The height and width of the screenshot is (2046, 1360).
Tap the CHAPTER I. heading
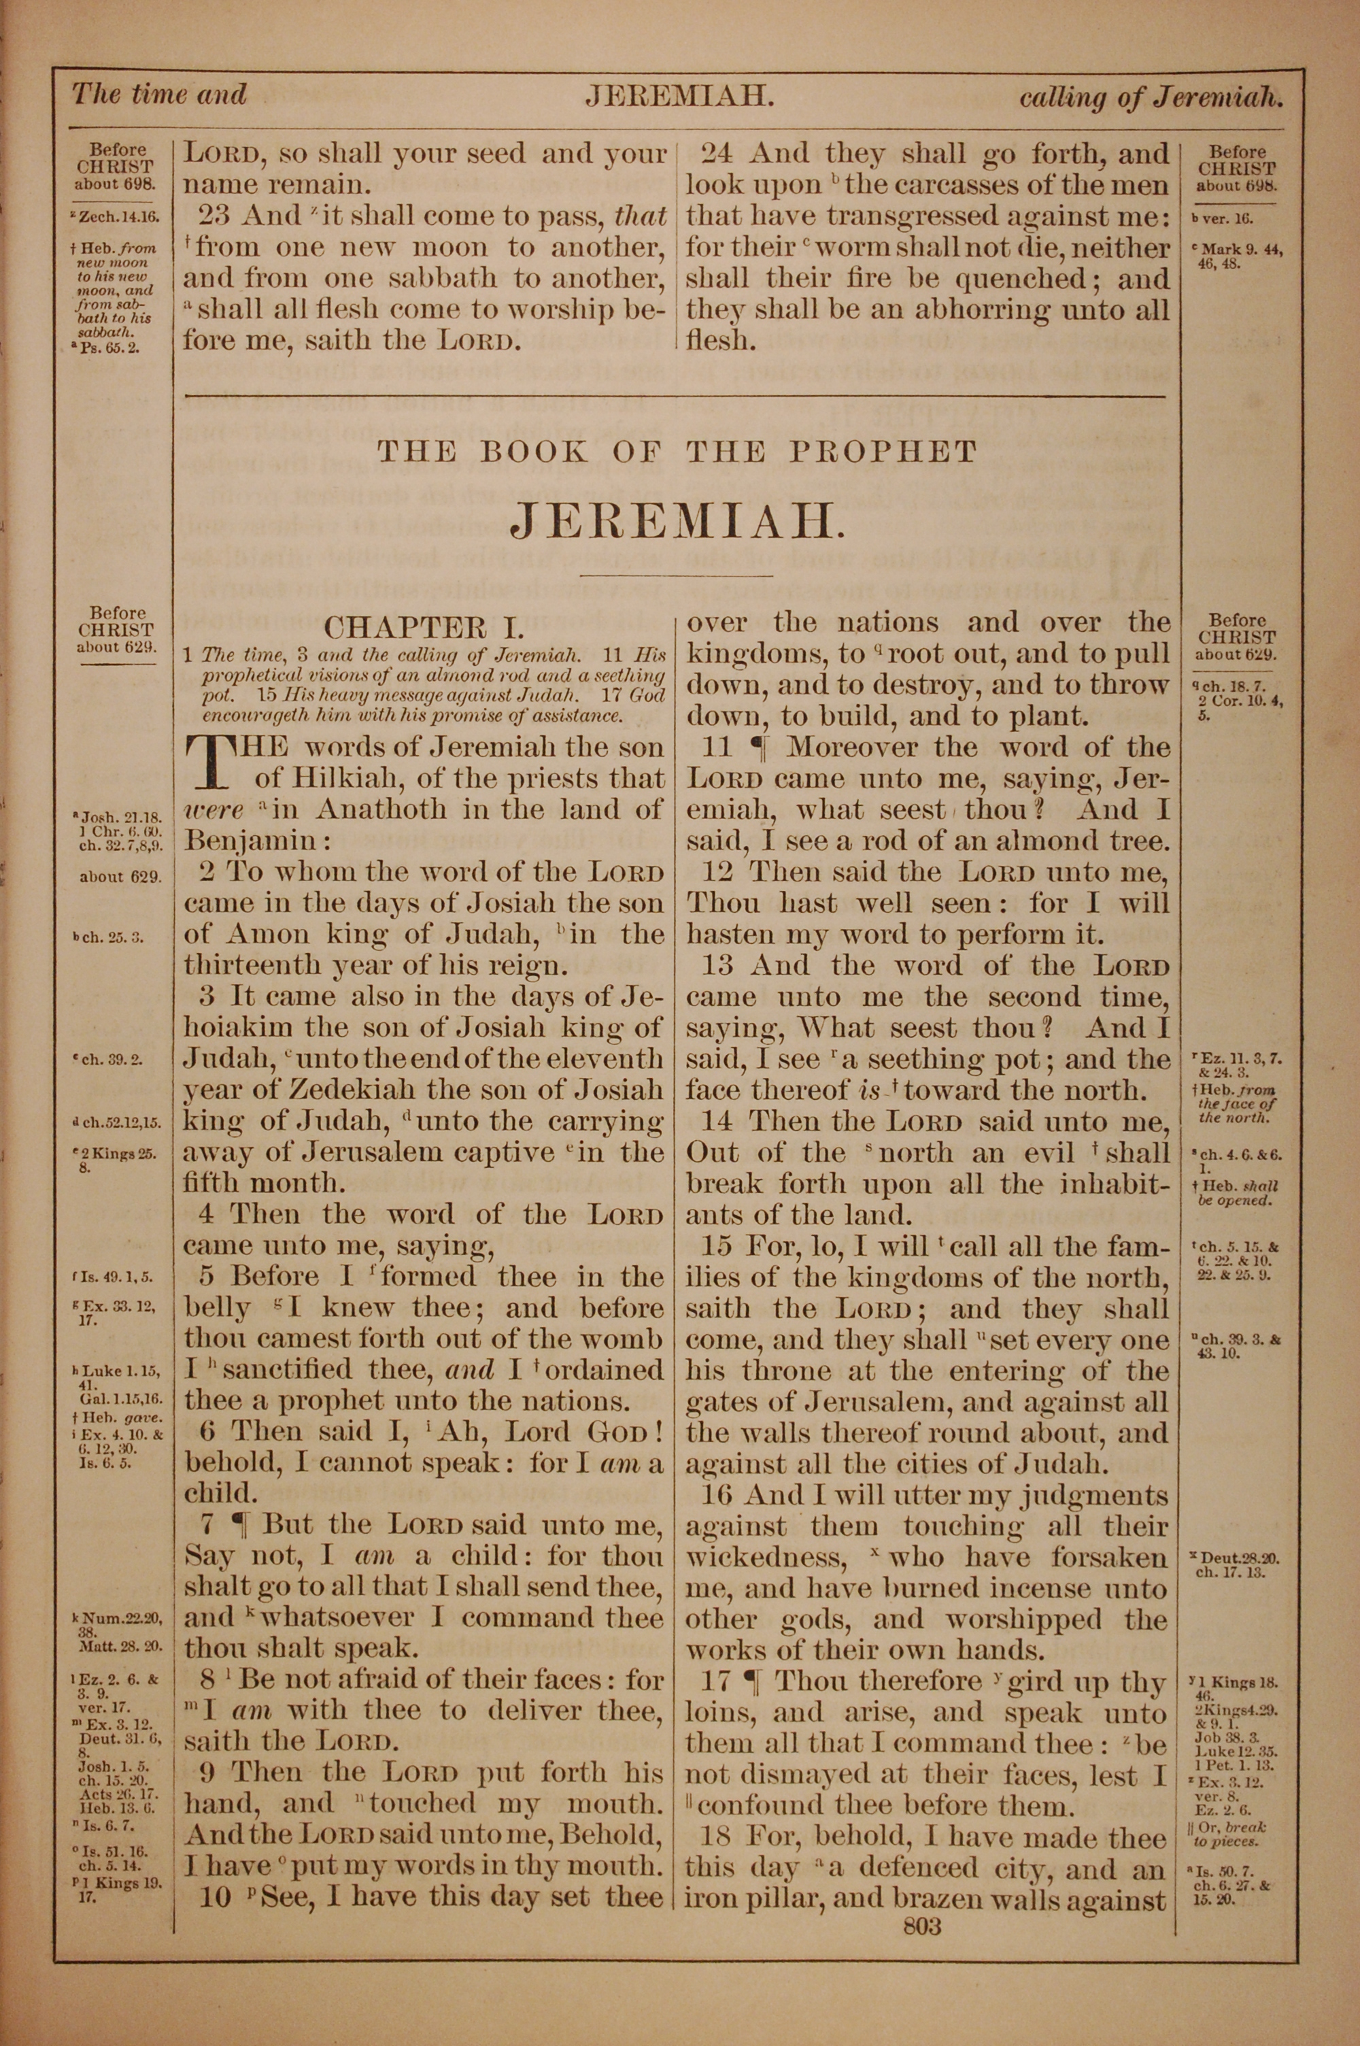[x=424, y=627]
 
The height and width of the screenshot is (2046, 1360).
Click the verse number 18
[x=717, y=1839]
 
